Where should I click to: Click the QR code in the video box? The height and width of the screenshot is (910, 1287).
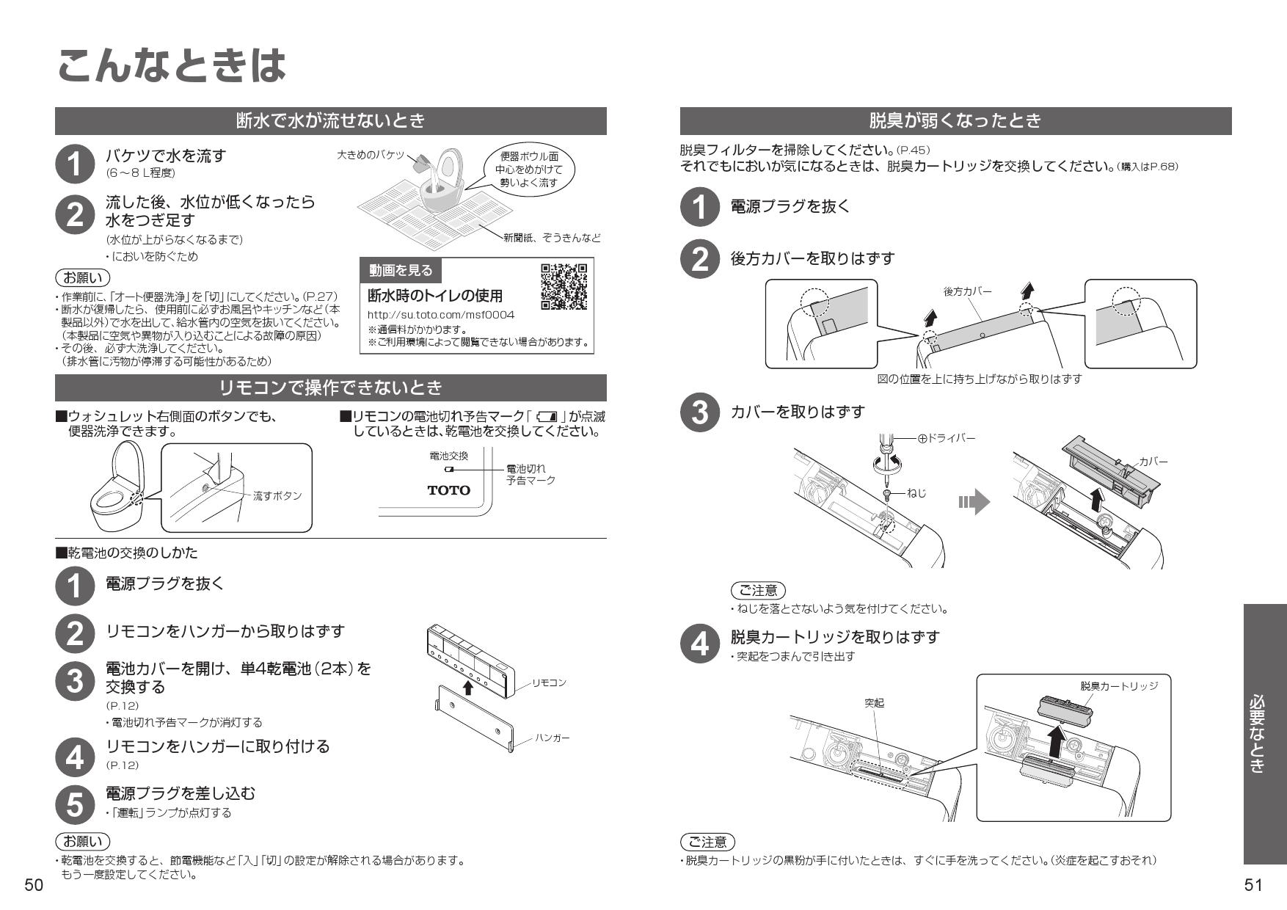click(564, 285)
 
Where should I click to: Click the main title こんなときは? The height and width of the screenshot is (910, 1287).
click(170, 66)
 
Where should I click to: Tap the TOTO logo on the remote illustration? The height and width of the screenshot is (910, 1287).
click(448, 490)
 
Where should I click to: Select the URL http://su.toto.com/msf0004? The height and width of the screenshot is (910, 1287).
click(440, 315)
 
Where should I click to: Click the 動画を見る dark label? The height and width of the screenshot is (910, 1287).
click(401, 271)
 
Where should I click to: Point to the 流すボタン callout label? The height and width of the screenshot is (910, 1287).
click(277, 496)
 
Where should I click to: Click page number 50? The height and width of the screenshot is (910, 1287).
click(34, 886)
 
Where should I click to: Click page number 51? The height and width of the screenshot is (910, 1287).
click(1253, 886)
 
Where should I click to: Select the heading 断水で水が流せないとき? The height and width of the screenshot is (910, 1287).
click(330, 121)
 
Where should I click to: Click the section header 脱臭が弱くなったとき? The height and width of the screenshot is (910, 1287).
click(955, 121)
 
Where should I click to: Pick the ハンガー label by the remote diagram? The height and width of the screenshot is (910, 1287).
click(552, 738)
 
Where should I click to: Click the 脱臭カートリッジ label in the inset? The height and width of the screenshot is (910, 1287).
click(1118, 685)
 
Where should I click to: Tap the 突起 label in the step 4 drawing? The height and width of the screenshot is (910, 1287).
click(874, 703)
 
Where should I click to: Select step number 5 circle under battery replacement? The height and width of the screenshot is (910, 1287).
click(75, 804)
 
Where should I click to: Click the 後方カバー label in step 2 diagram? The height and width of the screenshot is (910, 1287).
click(967, 291)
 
